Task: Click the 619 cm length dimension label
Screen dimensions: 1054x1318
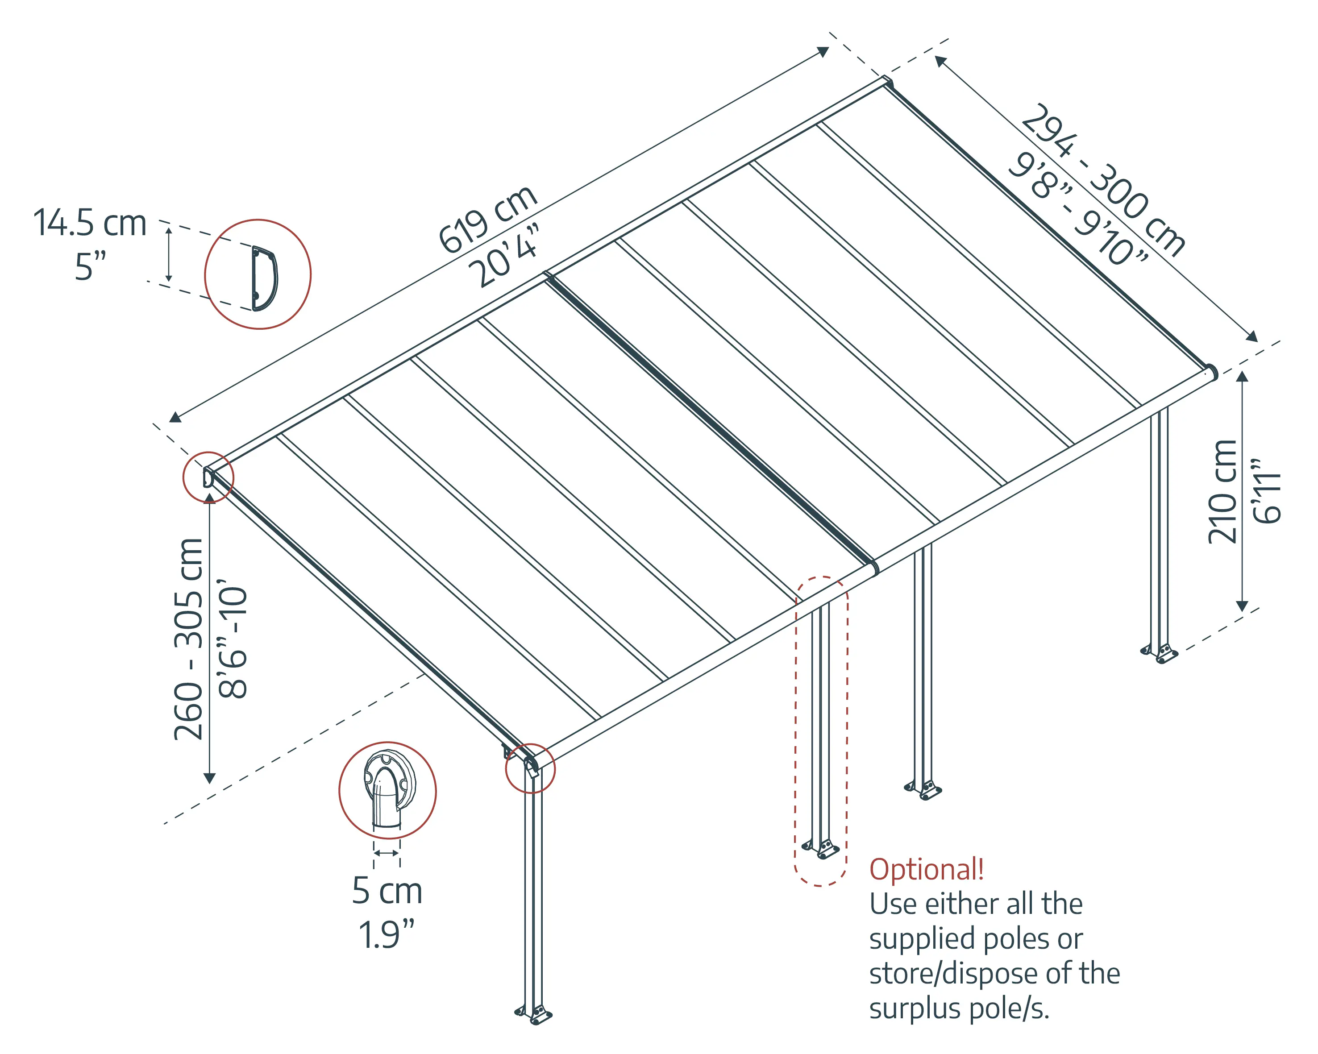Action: [x=487, y=219]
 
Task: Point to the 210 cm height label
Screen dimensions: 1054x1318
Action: [x=1222, y=492]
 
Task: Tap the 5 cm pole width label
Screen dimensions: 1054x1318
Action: [x=387, y=891]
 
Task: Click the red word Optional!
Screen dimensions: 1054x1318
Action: [x=926, y=869]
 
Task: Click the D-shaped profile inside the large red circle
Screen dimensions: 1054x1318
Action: [x=264, y=278]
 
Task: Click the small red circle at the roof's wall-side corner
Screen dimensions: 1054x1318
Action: [x=208, y=477]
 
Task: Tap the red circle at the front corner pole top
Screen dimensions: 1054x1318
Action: [x=530, y=768]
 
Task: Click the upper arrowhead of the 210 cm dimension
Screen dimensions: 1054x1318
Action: [x=1242, y=375]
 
